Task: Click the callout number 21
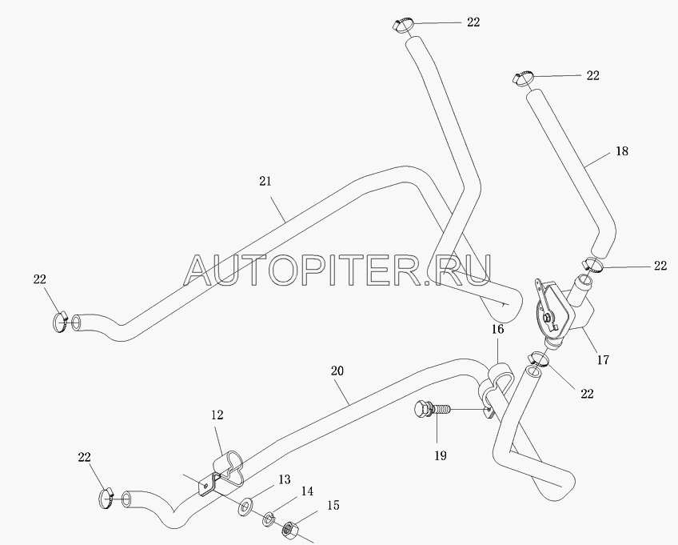tap(265, 181)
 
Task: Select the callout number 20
tap(337, 371)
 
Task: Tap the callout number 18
tap(622, 151)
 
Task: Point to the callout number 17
tap(603, 359)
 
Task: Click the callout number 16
tap(497, 330)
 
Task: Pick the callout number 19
tap(441, 455)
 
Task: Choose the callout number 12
tap(217, 415)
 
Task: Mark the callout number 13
tap(285, 479)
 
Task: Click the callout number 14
tap(308, 491)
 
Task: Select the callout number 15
tap(333, 505)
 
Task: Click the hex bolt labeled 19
tap(432, 409)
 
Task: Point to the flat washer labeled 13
tap(246, 507)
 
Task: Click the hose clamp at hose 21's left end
tap(61, 322)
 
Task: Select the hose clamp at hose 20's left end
tap(108, 498)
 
